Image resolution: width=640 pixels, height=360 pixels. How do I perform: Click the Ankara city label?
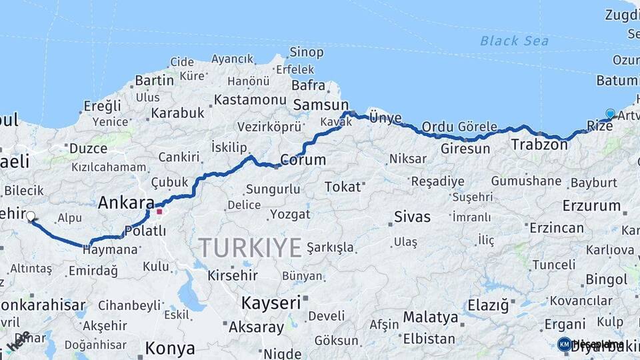click(x=126, y=203)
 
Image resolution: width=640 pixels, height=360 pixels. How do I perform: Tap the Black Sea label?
click(x=514, y=41)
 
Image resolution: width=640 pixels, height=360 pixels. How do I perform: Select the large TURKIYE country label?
click(x=250, y=247)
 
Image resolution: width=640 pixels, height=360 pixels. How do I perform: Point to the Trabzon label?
click(x=539, y=145)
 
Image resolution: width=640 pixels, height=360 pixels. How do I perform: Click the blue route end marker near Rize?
click(x=610, y=114)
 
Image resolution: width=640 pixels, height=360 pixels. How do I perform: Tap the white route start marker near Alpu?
click(x=30, y=216)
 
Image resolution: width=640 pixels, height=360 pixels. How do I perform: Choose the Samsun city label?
click(x=321, y=105)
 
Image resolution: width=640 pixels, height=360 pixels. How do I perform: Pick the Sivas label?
click(x=412, y=217)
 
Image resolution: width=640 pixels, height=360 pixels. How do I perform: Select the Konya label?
click(x=170, y=348)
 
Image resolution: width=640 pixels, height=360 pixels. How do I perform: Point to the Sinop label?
click(x=307, y=52)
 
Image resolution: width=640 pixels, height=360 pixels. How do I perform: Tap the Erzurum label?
click(x=591, y=205)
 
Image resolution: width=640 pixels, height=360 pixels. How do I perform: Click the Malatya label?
click(x=431, y=317)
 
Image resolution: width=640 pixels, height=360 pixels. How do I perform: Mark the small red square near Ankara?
click(x=159, y=212)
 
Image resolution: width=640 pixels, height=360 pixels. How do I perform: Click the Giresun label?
click(x=465, y=149)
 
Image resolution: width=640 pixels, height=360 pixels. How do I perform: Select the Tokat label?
click(x=343, y=187)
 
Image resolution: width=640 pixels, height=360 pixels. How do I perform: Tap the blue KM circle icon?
click(x=565, y=344)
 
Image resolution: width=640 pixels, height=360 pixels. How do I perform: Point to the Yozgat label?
click(x=290, y=214)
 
